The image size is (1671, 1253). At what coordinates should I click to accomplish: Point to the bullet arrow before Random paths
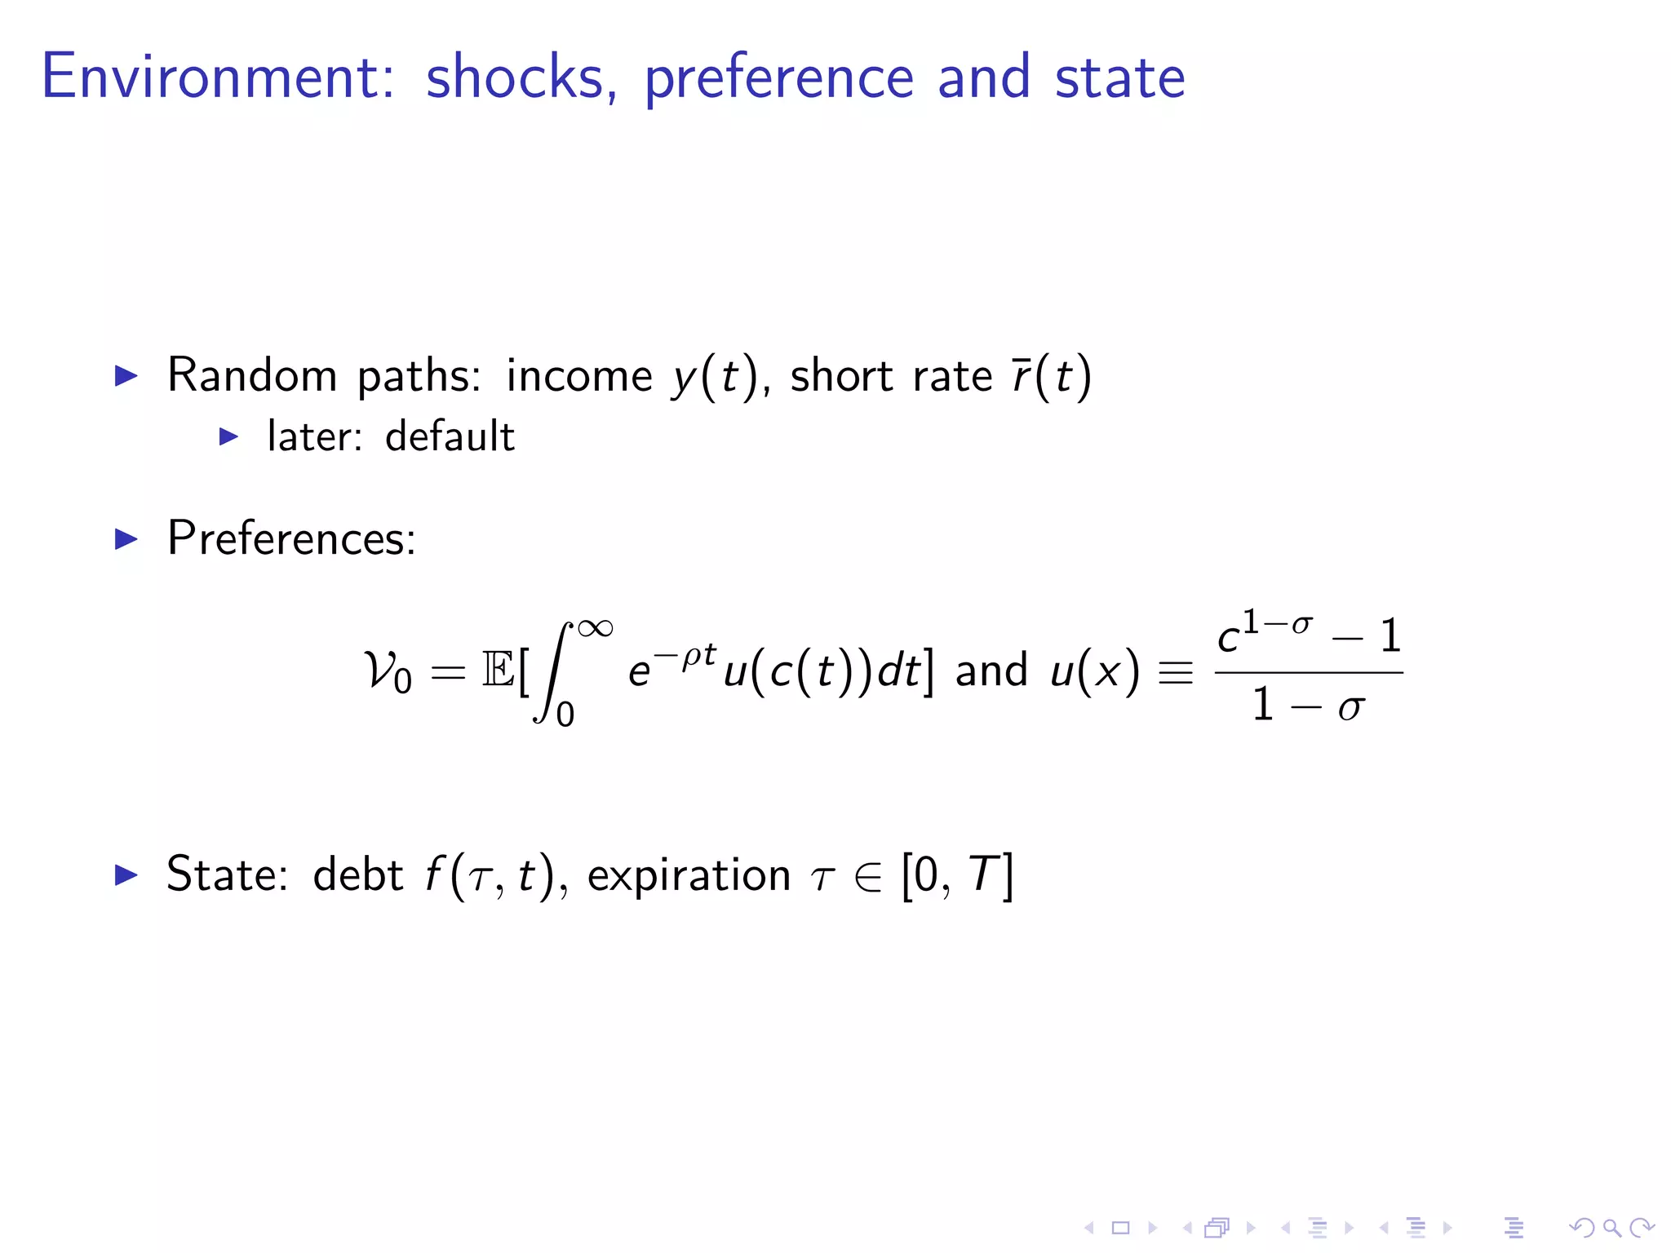tap(126, 376)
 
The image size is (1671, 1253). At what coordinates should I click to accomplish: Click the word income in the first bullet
tap(578, 376)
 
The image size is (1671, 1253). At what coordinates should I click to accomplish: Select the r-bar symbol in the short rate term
tap(1021, 376)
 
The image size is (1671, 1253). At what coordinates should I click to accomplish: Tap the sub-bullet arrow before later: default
tap(229, 437)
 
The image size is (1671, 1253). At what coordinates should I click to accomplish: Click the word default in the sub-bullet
tap(450, 436)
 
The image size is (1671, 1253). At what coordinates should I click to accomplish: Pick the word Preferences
tap(291, 538)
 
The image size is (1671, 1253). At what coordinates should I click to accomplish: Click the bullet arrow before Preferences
tap(126, 539)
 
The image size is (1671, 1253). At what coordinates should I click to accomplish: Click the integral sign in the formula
tap(552, 672)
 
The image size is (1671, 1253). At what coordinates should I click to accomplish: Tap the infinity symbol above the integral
tap(595, 628)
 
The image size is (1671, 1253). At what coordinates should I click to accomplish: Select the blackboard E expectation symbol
tap(498, 671)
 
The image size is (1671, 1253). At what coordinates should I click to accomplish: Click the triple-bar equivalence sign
tap(1175, 673)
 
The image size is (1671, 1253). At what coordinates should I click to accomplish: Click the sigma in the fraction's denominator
tap(1350, 706)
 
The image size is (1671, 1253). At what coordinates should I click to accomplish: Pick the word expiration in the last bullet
tap(689, 875)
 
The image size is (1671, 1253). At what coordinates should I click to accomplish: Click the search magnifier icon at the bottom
tap(1611, 1228)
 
